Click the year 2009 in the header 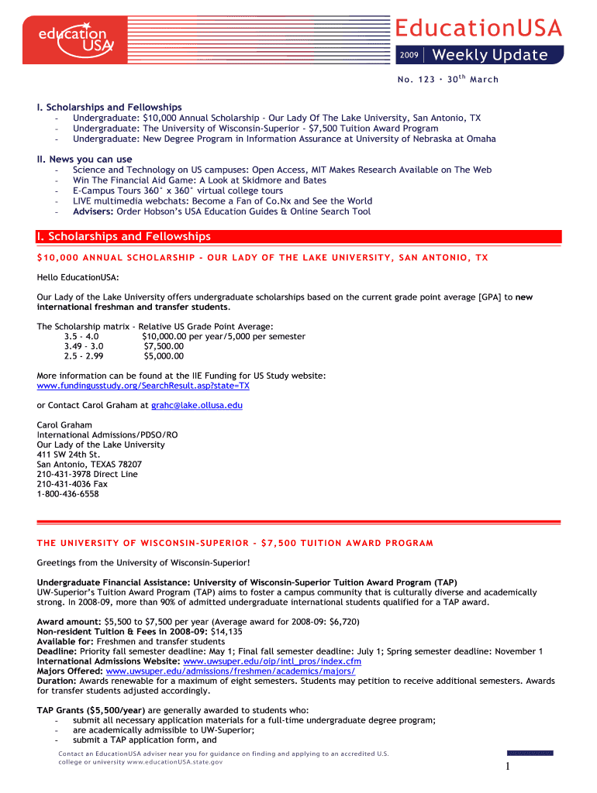click(x=409, y=56)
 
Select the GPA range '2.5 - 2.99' click(x=84, y=356)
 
